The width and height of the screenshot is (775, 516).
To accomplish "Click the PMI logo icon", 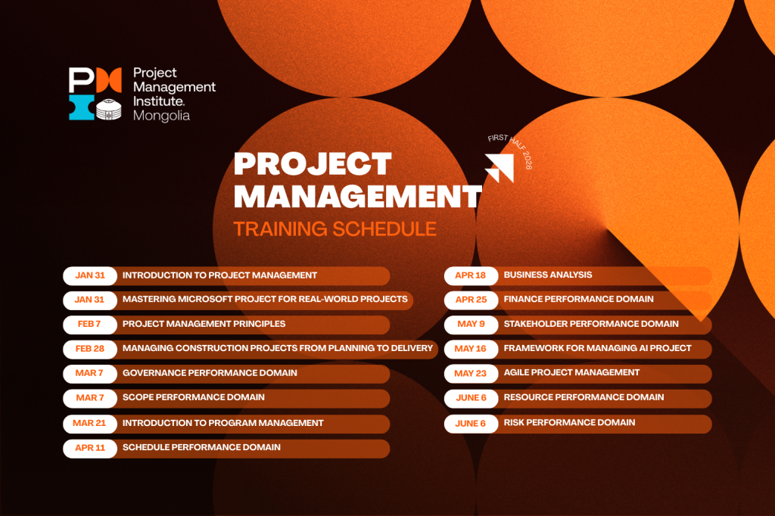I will coord(95,94).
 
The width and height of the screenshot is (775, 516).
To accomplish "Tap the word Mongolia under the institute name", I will coord(161,116).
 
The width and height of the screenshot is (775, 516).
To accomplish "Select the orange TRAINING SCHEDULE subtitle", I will coord(335,228).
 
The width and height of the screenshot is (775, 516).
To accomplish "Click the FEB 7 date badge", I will coord(90,324).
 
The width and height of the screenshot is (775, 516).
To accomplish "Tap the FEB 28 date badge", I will coord(90,349).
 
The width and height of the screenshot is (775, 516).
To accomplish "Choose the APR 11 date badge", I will coord(90,448).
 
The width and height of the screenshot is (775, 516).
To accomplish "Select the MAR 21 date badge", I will coord(90,423).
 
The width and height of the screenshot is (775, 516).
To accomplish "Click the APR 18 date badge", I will coord(471,275).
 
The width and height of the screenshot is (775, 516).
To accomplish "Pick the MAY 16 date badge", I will coord(471,349).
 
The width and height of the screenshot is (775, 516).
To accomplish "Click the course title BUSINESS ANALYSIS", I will coord(548,275).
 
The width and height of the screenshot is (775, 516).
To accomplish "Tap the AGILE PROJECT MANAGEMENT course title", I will coord(571,372).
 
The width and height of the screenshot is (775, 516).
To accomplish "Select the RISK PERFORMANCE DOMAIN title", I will coord(569,422).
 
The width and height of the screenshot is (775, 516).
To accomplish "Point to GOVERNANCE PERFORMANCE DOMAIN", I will coord(210,373).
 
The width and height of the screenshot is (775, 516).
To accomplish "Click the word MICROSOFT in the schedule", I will coord(204,299).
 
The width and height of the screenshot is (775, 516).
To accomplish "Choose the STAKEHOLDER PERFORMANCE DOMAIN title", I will coord(591,324).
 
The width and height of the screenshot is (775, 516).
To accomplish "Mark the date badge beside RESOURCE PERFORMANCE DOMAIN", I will coord(471,398).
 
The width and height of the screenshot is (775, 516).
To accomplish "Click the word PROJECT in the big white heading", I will coord(313,163).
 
